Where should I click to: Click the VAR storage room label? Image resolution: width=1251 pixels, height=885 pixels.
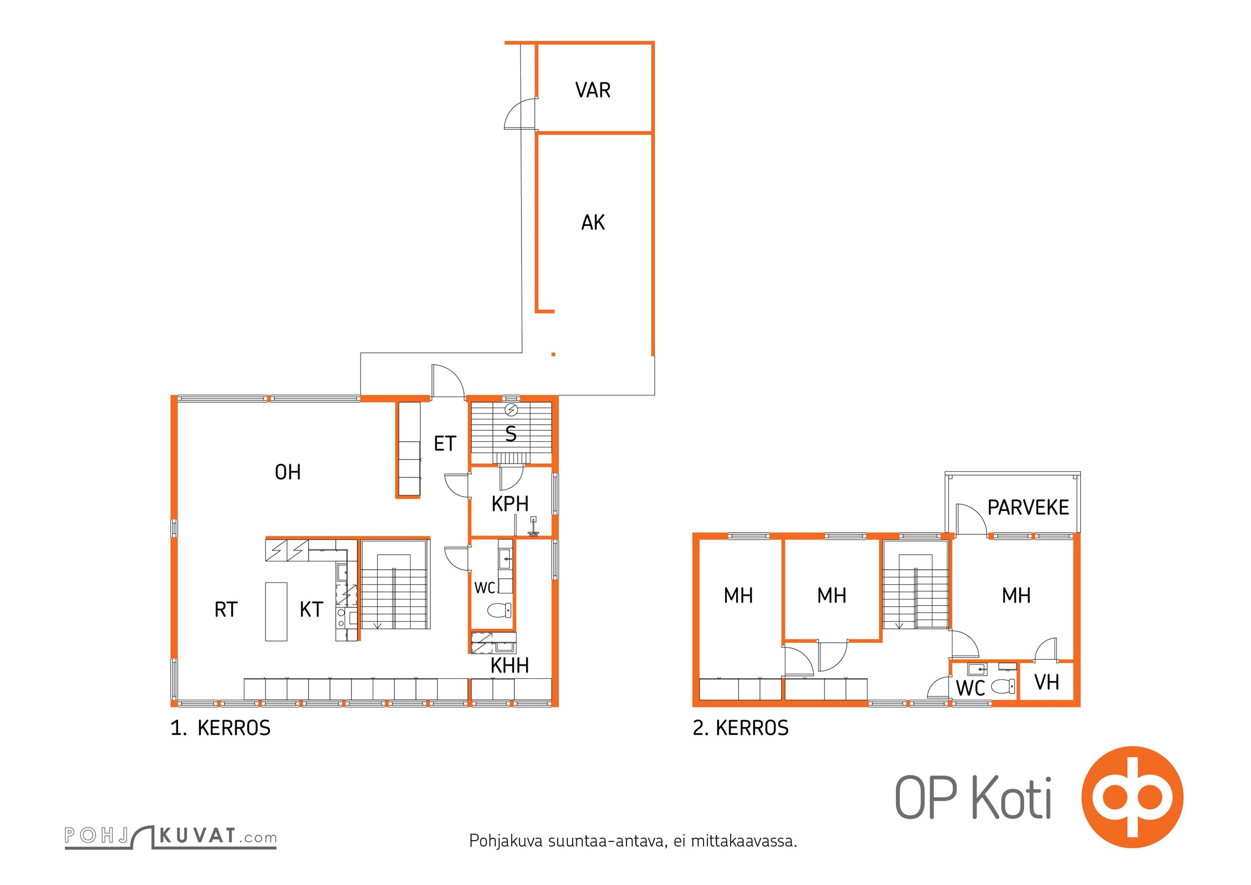click(x=593, y=90)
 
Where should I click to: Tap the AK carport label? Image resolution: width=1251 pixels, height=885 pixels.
click(x=593, y=222)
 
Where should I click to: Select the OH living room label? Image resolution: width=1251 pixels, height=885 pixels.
click(x=288, y=472)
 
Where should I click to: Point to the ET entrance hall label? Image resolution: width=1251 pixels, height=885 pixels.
click(x=445, y=444)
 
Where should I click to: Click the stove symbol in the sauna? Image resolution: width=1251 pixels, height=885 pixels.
click(x=512, y=410)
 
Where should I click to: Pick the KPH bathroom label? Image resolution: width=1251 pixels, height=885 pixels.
click(x=510, y=504)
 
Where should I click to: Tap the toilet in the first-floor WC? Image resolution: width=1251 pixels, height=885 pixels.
click(x=500, y=611)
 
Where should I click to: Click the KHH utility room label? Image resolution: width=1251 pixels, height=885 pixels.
click(x=510, y=665)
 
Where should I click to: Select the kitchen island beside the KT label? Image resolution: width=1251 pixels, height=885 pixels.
click(x=276, y=611)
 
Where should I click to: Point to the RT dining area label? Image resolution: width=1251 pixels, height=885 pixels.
click(x=226, y=610)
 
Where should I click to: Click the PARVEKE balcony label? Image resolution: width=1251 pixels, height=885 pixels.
click(x=1028, y=507)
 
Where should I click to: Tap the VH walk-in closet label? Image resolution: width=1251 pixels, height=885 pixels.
click(x=1046, y=683)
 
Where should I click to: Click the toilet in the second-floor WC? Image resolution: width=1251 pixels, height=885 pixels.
click(x=1003, y=686)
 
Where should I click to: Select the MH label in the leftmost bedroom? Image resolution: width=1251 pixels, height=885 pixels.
click(x=738, y=596)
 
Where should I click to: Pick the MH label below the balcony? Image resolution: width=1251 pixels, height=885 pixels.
click(x=1016, y=596)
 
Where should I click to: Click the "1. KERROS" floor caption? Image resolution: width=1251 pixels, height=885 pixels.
click(x=221, y=728)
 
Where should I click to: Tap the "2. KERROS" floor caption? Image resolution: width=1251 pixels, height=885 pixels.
click(x=741, y=728)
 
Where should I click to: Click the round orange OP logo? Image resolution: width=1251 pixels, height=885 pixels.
click(x=1132, y=797)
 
